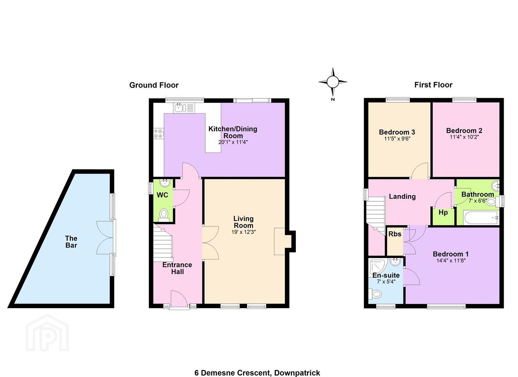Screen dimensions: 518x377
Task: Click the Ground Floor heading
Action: pos(154,85)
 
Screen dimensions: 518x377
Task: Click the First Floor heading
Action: pos(433,85)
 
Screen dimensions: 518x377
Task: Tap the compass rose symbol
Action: pos(333,82)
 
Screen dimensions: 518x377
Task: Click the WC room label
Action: pos(162,195)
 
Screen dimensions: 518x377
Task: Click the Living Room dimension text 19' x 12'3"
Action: pos(243,232)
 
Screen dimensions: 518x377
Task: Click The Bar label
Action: pos(71,242)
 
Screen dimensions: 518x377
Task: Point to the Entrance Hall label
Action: pos(177,268)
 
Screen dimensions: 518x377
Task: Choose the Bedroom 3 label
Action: pos(397,132)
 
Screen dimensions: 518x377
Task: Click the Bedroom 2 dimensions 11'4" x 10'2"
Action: pos(464,137)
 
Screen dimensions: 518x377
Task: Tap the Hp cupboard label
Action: pos(443,213)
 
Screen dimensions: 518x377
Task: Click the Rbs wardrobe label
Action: pos(395,234)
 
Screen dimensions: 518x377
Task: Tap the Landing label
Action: pos(402,197)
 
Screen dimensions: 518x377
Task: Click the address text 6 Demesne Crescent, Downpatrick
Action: pos(257,367)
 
